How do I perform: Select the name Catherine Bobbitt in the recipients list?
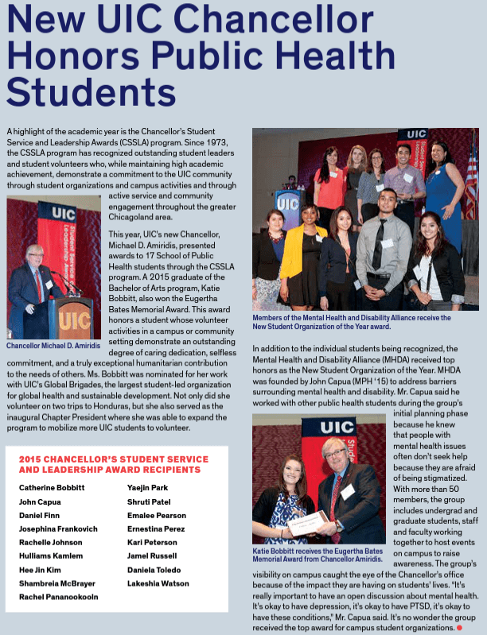(52, 487)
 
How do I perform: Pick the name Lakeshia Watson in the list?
(158, 583)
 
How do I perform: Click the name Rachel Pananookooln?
(59, 597)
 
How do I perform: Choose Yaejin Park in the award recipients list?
(149, 487)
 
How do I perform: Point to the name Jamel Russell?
(154, 556)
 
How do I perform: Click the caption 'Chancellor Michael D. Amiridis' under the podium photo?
(53, 346)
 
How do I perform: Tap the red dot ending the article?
(458, 628)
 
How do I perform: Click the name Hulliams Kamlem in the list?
(51, 556)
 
